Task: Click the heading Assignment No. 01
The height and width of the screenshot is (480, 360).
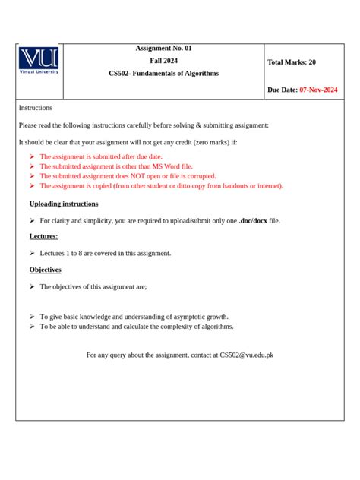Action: tap(163, 49)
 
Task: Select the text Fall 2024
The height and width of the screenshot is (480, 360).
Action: tap(163, 61)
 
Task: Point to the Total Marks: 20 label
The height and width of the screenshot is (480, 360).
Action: tap(292, 62)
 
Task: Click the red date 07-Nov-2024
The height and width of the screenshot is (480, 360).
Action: tap(319, 90)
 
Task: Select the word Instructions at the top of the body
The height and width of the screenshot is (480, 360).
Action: tap(36, 109)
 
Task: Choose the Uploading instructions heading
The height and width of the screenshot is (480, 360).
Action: tap(64, 204)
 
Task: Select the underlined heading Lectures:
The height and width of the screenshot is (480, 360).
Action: tap(43, 237)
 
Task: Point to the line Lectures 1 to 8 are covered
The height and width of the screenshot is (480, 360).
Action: tap(106, 254)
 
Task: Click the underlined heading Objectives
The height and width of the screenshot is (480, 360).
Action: tap(46, 270)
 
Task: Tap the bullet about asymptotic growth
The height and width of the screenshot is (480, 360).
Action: tap(134, 317)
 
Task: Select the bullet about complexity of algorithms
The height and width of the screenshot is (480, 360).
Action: tap(137, 327)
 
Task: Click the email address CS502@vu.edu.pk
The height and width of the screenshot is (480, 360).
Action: tap(246, 355)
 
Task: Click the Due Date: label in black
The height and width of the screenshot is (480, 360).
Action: tap(283, 90)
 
